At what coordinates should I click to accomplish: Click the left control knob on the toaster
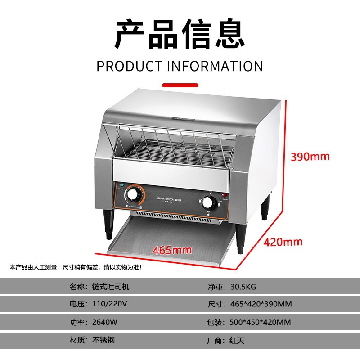[134, 194]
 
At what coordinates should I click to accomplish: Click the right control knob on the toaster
[208, 202]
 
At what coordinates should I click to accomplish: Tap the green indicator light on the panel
[121, 185]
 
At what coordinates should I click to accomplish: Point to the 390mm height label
[310, 157]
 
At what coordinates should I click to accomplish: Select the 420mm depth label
[283, 242]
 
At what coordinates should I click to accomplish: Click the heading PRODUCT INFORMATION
[180, 66]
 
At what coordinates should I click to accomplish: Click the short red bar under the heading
[180, 85]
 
